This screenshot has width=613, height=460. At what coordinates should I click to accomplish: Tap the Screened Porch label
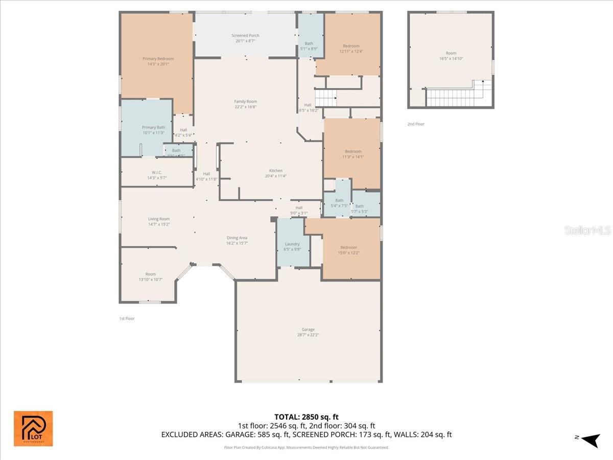(245, 38)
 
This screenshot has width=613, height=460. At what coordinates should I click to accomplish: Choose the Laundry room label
(292, 246)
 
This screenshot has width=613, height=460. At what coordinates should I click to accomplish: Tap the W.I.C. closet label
(157, 175)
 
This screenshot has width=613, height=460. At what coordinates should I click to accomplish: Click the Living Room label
(159, 221)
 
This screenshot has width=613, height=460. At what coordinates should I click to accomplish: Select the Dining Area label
(237, 240)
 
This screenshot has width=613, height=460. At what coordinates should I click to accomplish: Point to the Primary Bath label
(153, 130)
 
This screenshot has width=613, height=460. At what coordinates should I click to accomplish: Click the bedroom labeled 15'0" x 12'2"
(349, 250)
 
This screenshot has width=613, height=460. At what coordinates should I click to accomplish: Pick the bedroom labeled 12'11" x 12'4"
(351, 49)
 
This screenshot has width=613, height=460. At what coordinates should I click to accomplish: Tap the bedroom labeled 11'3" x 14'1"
(352, 154)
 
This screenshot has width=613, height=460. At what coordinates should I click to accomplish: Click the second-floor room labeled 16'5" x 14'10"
(451, 56)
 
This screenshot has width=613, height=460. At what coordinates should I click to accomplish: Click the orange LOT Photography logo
(33, 428)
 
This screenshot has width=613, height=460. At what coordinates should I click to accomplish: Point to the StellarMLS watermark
(587, 231)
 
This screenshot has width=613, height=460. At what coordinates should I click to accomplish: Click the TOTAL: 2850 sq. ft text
(306, 417)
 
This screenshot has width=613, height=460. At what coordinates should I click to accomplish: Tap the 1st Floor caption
(127, 318)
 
